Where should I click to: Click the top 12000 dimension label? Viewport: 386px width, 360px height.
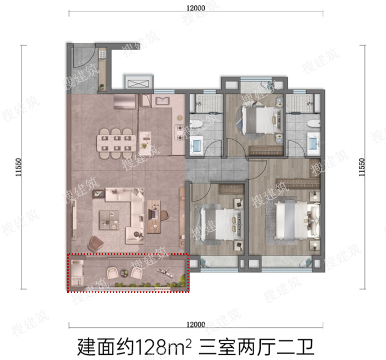(196, 8)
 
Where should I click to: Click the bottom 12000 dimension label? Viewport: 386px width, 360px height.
(196, 324)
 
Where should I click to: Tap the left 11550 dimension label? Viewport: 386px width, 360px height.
(19, 167)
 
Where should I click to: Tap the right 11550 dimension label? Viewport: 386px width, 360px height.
(361, 167)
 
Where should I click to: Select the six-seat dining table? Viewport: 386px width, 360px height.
(116, 143)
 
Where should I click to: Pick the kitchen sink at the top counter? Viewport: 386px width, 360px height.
(161, 101)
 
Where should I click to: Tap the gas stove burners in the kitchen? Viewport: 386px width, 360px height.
(179, 132)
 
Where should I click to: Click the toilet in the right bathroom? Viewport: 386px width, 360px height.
(314, 124)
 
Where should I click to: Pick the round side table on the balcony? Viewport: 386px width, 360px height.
(124, 273)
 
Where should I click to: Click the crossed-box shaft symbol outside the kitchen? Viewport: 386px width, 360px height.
(138, 83)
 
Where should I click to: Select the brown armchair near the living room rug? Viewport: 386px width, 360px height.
(96, 243)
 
